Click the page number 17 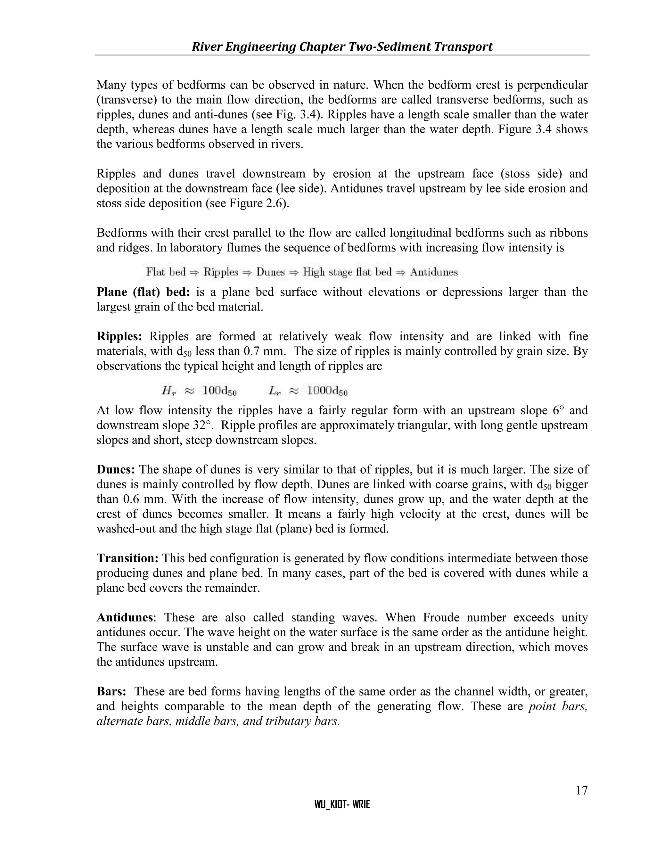pyautogui.click(x=581, y=790)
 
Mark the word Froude pyautogui.click(x=441, y=618)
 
